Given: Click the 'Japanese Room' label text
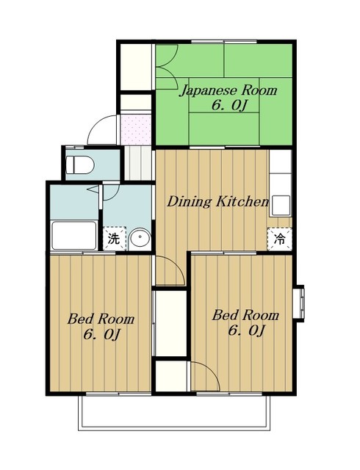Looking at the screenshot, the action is [228, 90].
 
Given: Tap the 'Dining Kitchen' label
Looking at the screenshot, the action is [217, 201].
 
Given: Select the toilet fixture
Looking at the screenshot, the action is [80, 164].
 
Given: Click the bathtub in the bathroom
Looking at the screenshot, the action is [74, 235].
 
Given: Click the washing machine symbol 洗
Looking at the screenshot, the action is [115, 239].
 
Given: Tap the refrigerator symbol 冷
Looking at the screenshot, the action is [280, 239].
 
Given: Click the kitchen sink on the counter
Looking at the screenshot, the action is [281, 206].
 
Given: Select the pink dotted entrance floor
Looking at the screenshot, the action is [136, 129].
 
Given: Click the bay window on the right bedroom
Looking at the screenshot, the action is [298, 303].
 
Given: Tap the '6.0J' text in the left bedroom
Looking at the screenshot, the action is [102, 335].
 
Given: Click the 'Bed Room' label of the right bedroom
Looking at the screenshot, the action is [245, 315].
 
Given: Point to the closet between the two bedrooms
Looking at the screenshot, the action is [171, 323].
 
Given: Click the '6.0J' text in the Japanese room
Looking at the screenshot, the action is [230, 106].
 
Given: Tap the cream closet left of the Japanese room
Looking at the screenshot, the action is [136, 67].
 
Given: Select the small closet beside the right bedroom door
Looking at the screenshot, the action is [171, 376].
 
